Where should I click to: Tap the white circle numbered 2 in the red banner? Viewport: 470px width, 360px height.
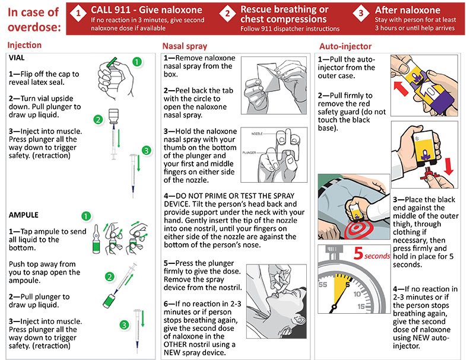(227, 12)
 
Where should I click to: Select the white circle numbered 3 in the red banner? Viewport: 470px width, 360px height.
(361, 12)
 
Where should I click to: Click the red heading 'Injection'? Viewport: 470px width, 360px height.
(24, 45)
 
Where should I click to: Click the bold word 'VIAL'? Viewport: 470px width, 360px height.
(17, 58)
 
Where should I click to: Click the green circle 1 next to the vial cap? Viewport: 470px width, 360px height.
(137, 61)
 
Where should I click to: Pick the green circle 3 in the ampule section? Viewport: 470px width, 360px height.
(124, 324)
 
